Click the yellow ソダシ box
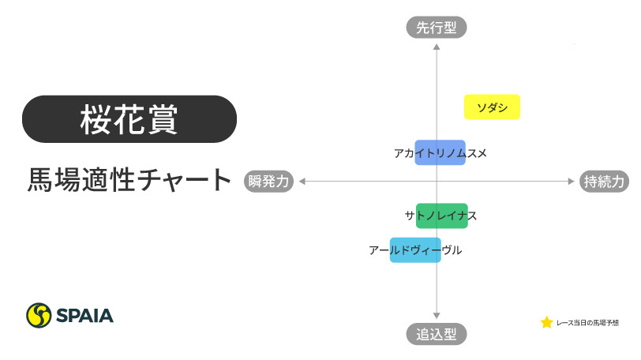(x=492, y=107)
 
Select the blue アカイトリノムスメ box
(x=440, y=152)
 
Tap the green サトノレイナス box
(x=440, y=216)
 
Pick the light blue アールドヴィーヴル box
(x=415, y=250)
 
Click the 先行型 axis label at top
(x=437, y=28)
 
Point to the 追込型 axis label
(x=437, y=334)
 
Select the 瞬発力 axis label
(x=269, y=181)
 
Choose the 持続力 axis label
(x=605, y=181)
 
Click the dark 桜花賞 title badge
(x=129, y=119)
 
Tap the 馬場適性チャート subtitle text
(x=129, y=181)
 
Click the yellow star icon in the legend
(x=546, y=323)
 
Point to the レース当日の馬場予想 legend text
(x=587, y=323)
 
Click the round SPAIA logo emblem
(x=39, y=316)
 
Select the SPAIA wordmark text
(x=84, y=316)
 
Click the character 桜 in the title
(x=96, y=119)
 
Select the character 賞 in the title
(x=162, y=119)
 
